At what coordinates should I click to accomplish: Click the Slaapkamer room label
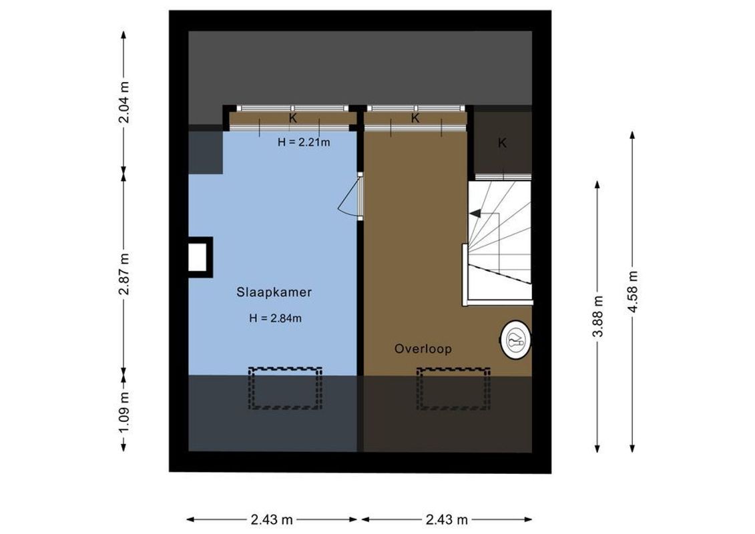coord(274,292)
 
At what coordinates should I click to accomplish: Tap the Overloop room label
coord(423,348)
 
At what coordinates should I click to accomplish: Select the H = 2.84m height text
coord(275,318)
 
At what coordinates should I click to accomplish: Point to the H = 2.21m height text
coord(304,142)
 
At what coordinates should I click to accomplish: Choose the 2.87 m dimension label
coord(124,273)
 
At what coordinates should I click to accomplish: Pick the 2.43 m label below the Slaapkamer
coord(273,519)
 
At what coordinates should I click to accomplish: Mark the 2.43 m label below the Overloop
coord(447,519)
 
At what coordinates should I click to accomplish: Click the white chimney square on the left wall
coord(197,258)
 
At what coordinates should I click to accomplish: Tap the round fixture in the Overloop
coord(515,341)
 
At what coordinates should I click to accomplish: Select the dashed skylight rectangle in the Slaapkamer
coord(285,388)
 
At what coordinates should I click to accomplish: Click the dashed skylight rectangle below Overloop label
coord(453,388)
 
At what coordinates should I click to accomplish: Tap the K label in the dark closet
coord(502,143)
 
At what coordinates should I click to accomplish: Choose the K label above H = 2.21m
coord(292,119)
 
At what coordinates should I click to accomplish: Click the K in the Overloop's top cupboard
coord(415,119)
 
